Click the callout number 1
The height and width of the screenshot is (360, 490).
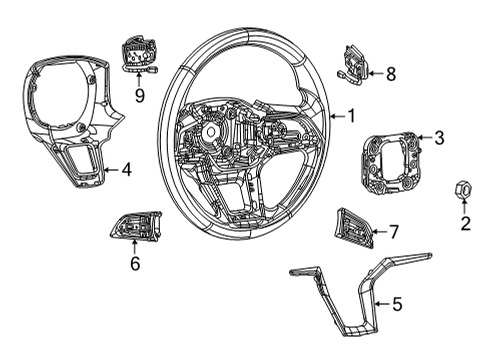(x=351, y=115)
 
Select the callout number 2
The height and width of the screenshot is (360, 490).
(x=465, y=224)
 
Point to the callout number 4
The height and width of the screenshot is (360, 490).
(x=126, y=169)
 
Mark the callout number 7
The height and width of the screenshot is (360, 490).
(x=393, y=232)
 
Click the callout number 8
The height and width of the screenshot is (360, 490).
(x=390, y=73)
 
